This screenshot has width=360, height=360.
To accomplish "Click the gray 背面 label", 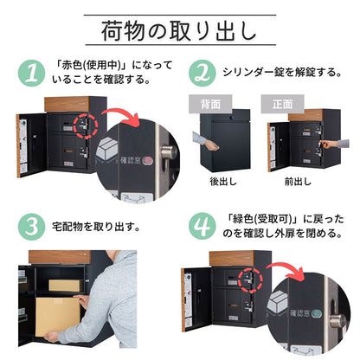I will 211,103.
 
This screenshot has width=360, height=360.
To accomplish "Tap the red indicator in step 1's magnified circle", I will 145,161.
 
